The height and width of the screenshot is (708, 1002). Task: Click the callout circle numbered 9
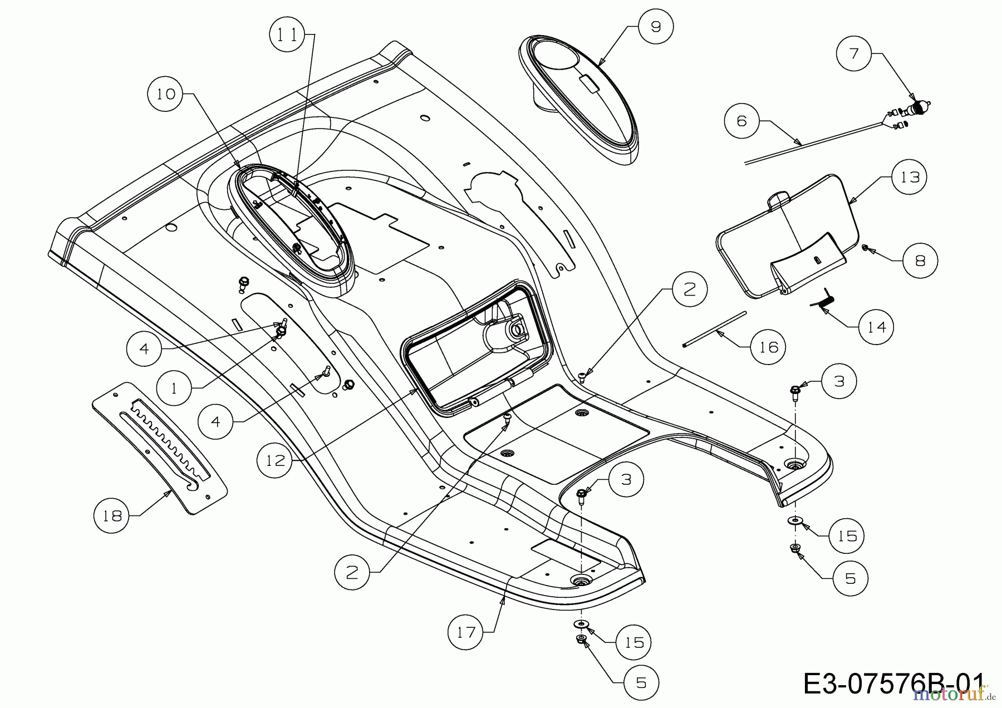click(x=656, y=27)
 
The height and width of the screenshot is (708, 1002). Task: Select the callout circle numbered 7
click(x=854, y=53)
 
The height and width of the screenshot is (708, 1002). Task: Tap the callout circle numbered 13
click(x=910, y=177)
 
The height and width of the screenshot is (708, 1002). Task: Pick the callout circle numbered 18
click(x=112, y=515)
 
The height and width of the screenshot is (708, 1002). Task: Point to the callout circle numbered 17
click(x=466, y=632)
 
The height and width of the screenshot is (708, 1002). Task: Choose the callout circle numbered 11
click(x=287, y=35)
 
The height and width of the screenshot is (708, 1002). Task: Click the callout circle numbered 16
click(x=768, y=347)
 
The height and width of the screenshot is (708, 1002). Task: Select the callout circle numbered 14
click(x=876, y=327)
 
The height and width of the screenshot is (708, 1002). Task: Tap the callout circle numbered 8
click(x=920, y=260)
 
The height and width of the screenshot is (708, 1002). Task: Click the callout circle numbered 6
click(x=741, y=120)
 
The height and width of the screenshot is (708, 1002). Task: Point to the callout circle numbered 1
click(x=174, y=388)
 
